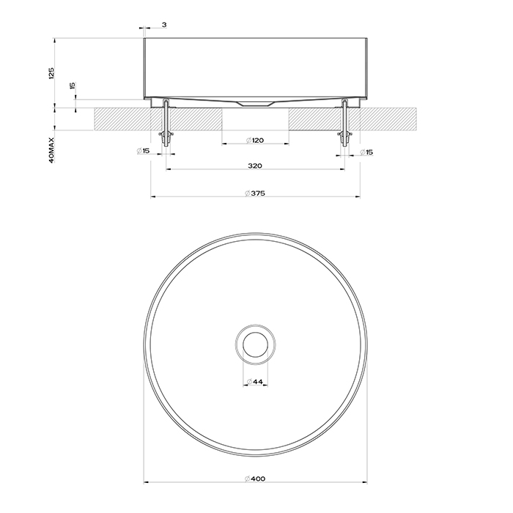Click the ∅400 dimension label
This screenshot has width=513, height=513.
tap(255, 479)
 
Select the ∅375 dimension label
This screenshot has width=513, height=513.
tap(254, 193)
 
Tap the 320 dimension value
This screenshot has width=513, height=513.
tap(254, 166)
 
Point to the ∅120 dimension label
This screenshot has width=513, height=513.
tap(254, 139)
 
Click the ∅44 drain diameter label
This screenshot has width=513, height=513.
tap(254, 382)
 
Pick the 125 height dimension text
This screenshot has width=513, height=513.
tap(52, 73)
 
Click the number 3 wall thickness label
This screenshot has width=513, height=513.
tap(163, 25)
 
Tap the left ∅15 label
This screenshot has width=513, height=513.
tap(143, 152)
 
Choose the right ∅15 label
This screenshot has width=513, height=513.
tap(367, 152)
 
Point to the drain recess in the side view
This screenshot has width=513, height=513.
tap(255, 103)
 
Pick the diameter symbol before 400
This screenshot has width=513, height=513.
tap(246, 479)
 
